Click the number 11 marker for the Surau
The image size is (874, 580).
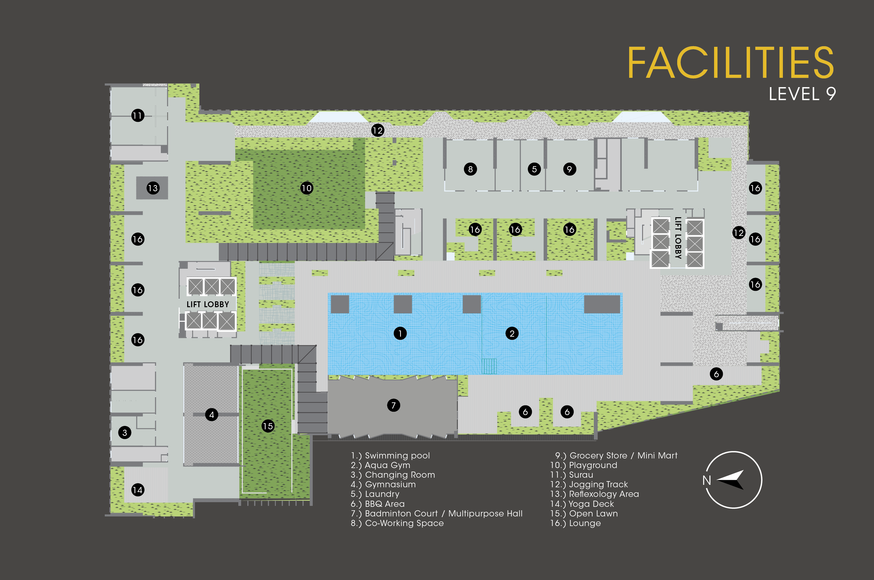point(138,115)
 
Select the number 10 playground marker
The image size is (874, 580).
point(307,188)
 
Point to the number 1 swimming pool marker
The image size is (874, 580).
point(400,333)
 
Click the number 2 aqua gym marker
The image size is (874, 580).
point(512,333)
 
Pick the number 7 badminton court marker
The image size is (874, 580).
point(393,405)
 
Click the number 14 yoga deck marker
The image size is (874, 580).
point(138,490)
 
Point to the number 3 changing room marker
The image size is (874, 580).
point(125,432)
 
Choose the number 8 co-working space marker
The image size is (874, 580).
point(470,169)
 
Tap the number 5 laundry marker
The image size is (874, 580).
point(534,169)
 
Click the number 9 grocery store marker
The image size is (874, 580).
point(569,169)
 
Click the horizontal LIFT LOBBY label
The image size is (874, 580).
point(208,304)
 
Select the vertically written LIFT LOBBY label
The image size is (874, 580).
point(678,238)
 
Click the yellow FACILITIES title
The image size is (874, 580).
point(731,63)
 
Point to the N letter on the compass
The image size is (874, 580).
point(707,480)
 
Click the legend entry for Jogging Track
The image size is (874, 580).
point(589,485)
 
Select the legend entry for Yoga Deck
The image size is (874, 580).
point(582,504)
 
